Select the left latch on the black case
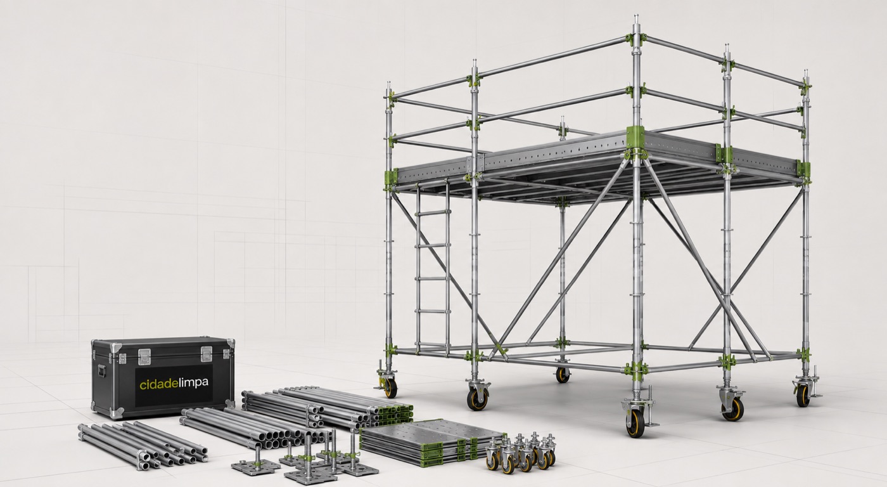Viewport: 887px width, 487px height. click(144, 356)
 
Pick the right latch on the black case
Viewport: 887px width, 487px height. click(207, 354)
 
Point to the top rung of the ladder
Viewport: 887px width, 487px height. click(433, 213)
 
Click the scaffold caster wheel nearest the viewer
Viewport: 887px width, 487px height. click(635, 423)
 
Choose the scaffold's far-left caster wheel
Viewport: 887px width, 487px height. click(390, 388)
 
